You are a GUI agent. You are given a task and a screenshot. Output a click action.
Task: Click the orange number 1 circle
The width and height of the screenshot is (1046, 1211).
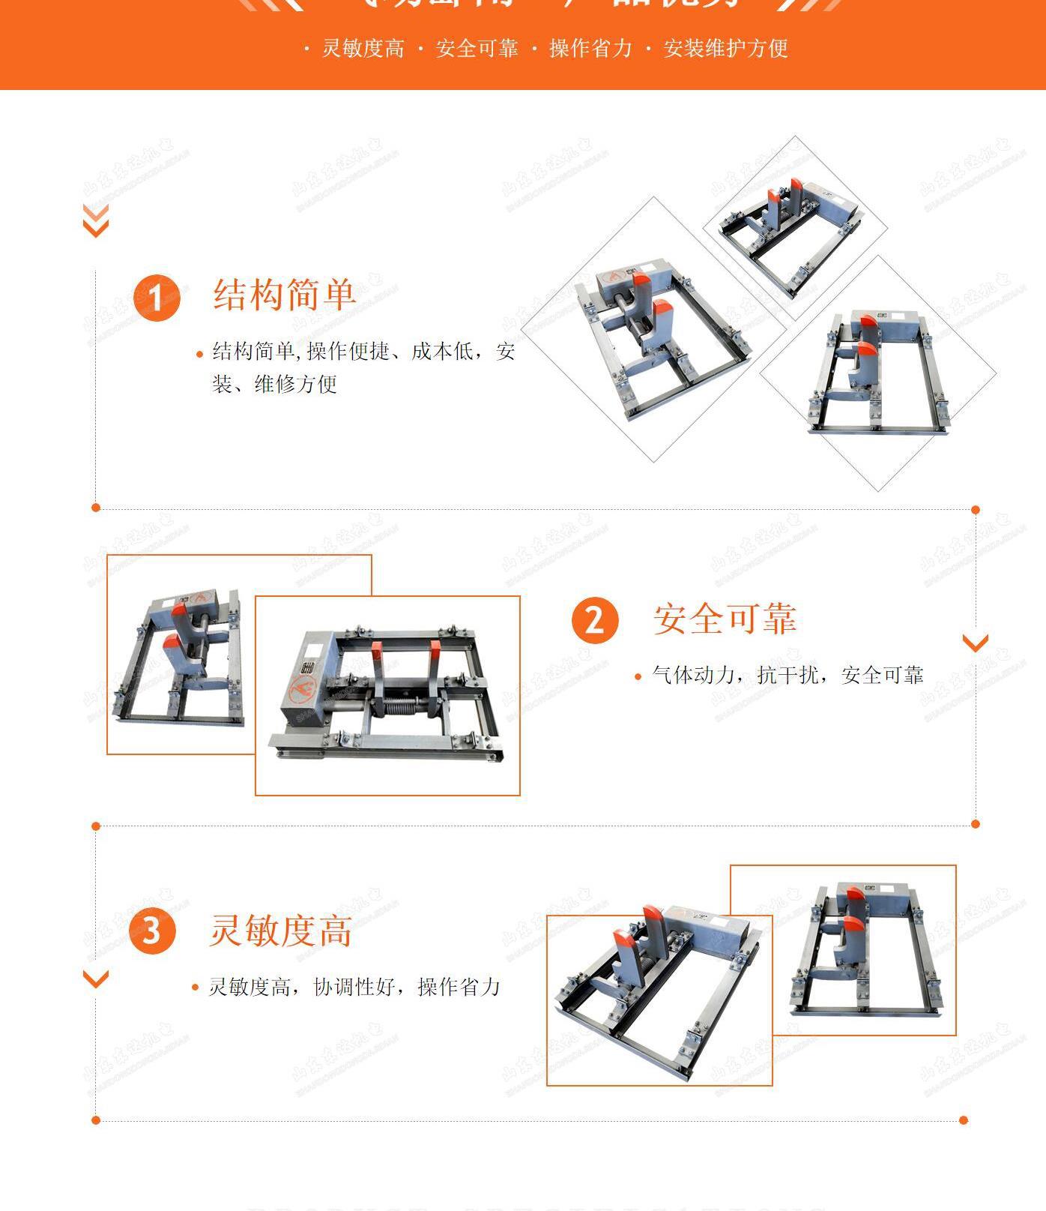(x=157, y=298)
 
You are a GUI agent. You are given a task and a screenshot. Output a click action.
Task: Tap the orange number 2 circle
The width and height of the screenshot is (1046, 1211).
(x=595, y=619)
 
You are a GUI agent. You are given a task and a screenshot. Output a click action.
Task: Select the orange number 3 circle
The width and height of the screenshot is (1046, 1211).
(x=152, y=931)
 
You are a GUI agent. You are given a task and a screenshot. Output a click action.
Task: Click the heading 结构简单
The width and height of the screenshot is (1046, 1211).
(x=284, y=294)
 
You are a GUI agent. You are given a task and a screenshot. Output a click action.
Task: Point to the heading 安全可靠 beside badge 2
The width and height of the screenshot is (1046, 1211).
(x=725, y=619)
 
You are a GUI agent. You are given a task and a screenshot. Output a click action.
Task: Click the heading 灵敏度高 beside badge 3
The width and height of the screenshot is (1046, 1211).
(x=280, y=931)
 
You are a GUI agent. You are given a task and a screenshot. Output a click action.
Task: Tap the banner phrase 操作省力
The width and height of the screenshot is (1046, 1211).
(x=590, y=49)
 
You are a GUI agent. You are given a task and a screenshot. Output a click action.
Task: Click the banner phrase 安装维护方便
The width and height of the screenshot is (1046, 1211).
(x=725, y=49)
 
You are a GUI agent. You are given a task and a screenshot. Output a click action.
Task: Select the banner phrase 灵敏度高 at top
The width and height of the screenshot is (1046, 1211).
(x=363, y=49)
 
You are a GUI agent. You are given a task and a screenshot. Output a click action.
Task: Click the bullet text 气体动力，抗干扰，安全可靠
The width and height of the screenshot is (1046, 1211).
(x=787, y=675)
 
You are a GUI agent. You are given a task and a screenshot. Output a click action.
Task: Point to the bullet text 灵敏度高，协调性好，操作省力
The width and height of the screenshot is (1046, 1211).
(x=354, y=987)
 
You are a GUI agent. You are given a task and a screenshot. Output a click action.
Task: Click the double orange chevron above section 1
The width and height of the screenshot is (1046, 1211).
(x=95, y=220)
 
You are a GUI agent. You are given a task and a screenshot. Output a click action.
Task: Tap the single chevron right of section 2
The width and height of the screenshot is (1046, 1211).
(x=975, y=643)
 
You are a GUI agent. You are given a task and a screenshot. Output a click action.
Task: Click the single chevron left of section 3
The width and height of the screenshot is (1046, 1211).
(x=95, y=979)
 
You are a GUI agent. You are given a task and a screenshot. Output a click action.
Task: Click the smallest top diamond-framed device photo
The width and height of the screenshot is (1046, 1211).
(x=794, y=226)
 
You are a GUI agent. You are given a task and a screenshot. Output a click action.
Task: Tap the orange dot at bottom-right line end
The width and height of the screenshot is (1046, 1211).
(x=964, y=1120)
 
